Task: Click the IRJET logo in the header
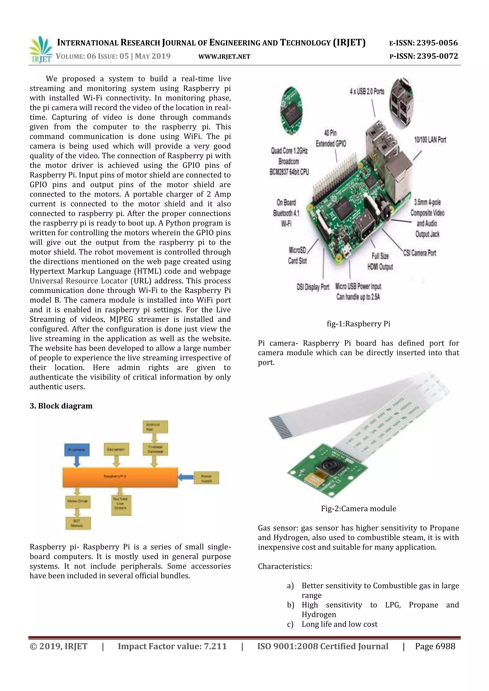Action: [x=41, y=50]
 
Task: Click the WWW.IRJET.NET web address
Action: [x=224, y=57]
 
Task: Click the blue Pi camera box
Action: [x=77, y=449]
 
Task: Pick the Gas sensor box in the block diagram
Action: [x=117, y=449]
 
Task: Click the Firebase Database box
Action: [x=155, y=449]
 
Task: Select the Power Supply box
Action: [x=206, y=478]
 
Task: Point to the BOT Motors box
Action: [x=78, y=523]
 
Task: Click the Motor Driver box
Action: [x=78, y=501]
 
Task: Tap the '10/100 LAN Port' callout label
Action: [x=430, y=140]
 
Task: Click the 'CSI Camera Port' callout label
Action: [x=420, y=253]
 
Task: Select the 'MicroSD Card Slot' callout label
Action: [x=297, y=255]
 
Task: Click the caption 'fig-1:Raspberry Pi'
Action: [x=358, y=324]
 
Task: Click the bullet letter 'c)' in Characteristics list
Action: [x=290, y=624]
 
